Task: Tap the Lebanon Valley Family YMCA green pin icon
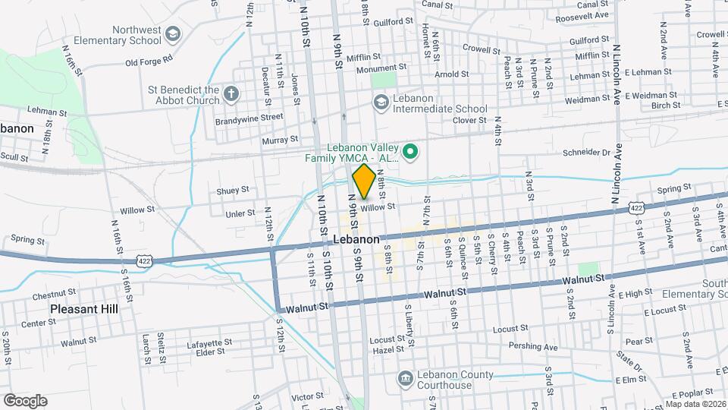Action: click(x=410, y=153)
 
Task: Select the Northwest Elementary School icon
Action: click(x=173, y=34)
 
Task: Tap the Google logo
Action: click(x=24, y=400)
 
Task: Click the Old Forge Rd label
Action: click(x=149, y=59)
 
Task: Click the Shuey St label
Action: click(x=233, y=190)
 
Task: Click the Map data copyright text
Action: click(x=696, y=403)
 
